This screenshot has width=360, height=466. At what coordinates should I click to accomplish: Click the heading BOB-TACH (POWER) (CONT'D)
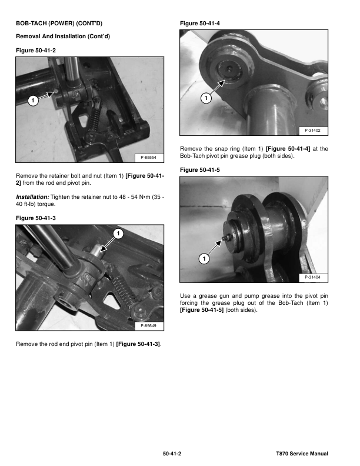pos(59,23)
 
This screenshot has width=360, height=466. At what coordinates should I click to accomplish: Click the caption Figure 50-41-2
pos(36,51)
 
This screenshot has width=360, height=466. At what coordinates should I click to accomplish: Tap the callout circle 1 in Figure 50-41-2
pos(33,101)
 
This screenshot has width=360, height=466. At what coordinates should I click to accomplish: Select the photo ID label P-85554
pos(148,158)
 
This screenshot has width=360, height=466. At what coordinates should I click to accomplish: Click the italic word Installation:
pos(32,197)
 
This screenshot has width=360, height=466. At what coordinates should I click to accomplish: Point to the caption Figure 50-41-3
pos(36,218)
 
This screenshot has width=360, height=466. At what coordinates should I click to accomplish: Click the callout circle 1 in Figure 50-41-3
pos(118,234)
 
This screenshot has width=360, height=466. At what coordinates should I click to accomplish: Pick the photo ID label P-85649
pos(148,326)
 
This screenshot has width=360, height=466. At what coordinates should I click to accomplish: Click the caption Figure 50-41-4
pos(200,24)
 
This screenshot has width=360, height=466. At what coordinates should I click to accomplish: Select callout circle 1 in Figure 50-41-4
pos(206,98)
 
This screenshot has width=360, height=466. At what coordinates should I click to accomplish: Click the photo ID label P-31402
pos(312,131)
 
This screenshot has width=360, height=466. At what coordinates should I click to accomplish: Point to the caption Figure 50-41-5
pos(200,170)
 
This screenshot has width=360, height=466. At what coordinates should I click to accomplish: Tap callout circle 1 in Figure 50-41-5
pos(204,258)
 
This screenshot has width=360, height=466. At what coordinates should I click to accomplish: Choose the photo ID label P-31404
pos(312,277)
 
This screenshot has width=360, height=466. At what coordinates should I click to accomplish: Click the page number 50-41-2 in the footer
pos(172,454)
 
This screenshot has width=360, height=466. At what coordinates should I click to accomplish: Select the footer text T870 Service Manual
pos(302,454)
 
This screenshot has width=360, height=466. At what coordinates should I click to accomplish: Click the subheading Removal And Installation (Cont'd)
pos(63,36)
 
